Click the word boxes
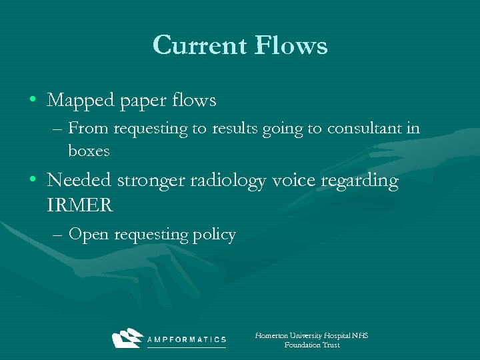pos(89,151)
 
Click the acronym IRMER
pos(80,205)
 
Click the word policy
pos(215,235)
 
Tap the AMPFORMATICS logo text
pos(186,339)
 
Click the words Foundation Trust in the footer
pos(311,345)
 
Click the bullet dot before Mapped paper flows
pos(33,101)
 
